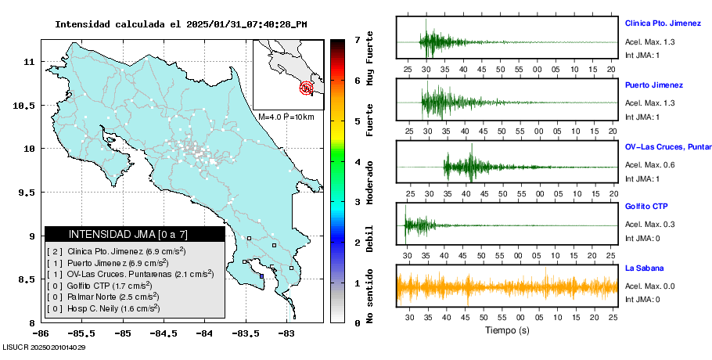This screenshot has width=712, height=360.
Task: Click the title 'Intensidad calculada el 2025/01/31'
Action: [x=181, y=24]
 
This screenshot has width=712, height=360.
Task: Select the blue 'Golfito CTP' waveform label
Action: [x=645, y=207]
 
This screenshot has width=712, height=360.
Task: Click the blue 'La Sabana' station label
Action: [x=643, y=268]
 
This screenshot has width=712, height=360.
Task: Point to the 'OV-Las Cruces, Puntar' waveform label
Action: [x=667, y=146]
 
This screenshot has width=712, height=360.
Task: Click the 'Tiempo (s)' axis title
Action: [x=507, y=331]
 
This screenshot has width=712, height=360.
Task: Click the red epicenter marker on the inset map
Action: [x=307, y=88]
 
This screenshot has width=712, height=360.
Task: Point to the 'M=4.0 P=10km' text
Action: [x=286, y=117]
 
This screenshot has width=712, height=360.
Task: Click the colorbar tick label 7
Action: [x=357, y=39]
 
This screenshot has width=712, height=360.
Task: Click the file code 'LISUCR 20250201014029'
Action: [x=45, y=347]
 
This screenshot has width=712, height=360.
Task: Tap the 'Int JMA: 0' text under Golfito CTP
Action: [x=643, y=238]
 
